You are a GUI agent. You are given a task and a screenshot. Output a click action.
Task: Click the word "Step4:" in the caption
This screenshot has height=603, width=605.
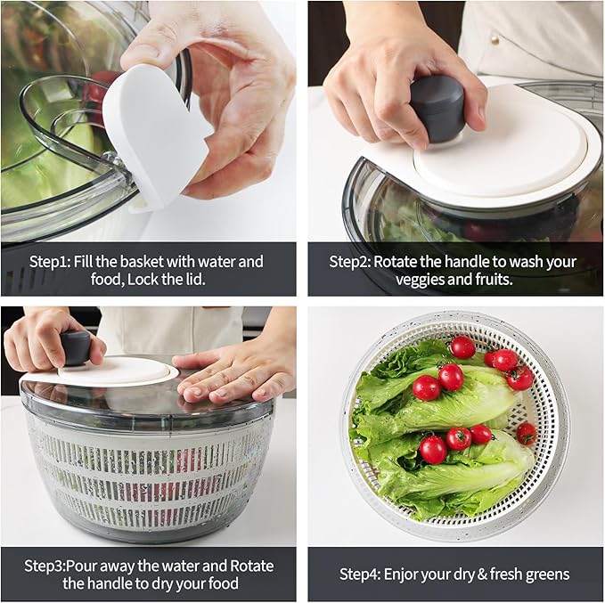[364, 574]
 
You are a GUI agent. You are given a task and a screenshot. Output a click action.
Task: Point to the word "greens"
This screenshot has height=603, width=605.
[544, 574]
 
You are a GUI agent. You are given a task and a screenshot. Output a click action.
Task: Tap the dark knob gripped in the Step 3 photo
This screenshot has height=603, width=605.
[76, 346]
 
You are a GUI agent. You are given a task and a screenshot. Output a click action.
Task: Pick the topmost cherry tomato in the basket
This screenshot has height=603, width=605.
[462, 347]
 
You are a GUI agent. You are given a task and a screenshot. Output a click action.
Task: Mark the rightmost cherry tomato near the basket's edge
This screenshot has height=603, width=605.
[527, 434]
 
